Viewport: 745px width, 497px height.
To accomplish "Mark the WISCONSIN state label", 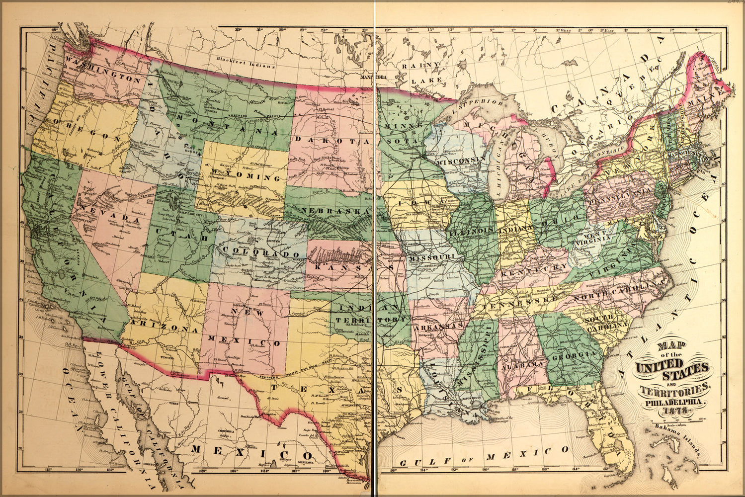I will pos(461,160).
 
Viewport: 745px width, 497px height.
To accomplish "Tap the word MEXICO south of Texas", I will pos(252,451).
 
